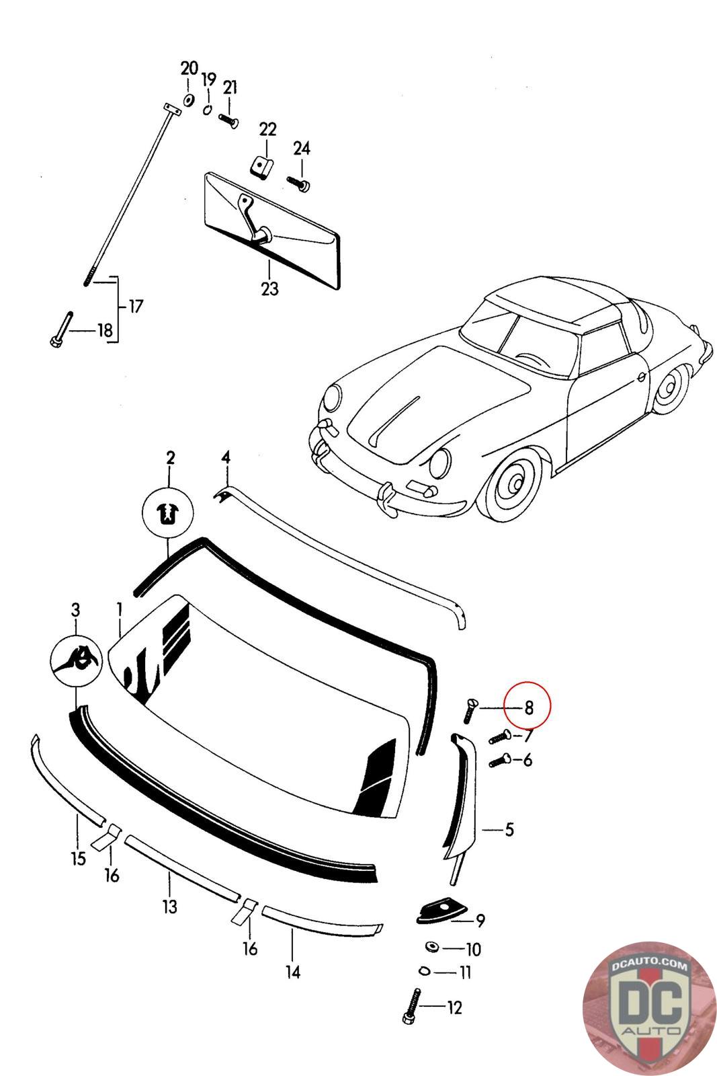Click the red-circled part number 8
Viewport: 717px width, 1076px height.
point(529,707)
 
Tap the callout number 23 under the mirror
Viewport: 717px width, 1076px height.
point(269,289)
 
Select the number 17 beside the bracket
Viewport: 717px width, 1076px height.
point(136,307)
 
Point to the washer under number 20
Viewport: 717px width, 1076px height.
point(189,100)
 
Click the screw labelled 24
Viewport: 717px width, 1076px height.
point(298,182)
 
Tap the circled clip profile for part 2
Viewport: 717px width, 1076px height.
point(167,515)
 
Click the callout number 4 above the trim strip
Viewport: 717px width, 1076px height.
point(226,458)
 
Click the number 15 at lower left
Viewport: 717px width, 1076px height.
point(79,859)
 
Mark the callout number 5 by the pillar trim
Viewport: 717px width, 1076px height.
point(509,830)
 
